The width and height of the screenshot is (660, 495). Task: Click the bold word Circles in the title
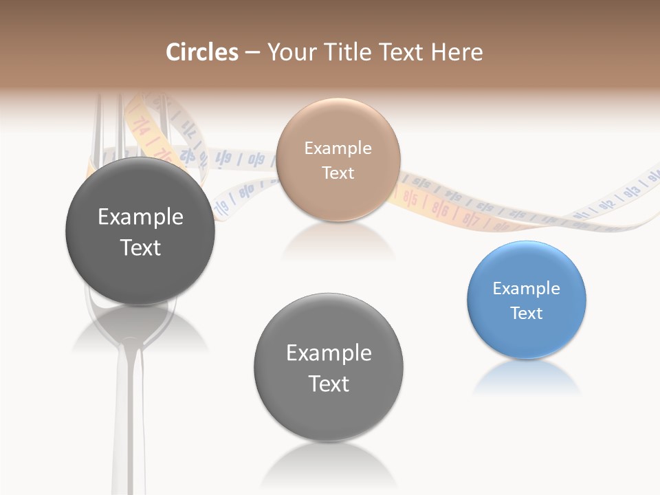pyautogui.click(x=201, y=52)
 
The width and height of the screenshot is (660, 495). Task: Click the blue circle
pyautogui.click(x=527, y=300)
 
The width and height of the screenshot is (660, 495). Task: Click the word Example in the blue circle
pyautogui.click(x=527, y=289)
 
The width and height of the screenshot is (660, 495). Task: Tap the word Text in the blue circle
pyautogui.click(x=527, y=313)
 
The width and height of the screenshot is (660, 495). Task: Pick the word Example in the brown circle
pyautogui.click(x=338, y=148)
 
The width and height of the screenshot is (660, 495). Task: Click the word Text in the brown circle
pyautogui.click(x=338, y=173)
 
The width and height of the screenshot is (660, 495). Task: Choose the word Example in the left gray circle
pyautogui.click(x=141, y=217)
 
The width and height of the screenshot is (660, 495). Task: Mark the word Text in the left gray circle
pyautogui.click(x=141, y=247)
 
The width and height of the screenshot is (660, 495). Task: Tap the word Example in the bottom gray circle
pyautogui.click(x=329, y=353)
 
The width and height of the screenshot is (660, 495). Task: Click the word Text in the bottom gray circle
pyautogui.click(x=329, y=384)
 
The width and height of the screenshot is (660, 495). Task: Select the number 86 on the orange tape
pyautogui.click(x=441, y=210)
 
